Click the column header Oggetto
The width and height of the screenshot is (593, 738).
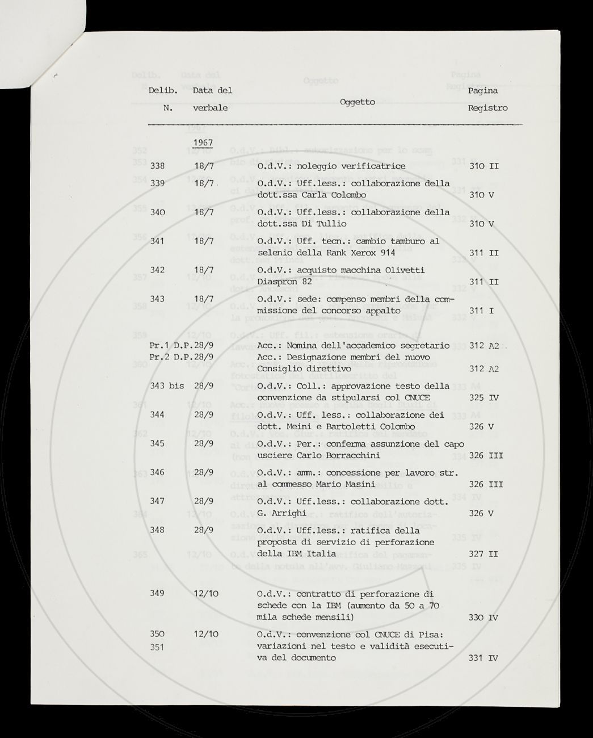pos(358,102)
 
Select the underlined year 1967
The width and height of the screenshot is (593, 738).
pos(202,142)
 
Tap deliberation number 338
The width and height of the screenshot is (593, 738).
pos(158,166)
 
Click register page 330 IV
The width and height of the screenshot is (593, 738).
pos(483,617)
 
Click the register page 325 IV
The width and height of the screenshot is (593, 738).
pos(483,397)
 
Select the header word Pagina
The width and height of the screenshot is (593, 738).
pos(483,90)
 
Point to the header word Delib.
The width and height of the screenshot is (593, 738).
pos(163,90)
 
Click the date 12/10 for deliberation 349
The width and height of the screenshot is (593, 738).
pos(207,593)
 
